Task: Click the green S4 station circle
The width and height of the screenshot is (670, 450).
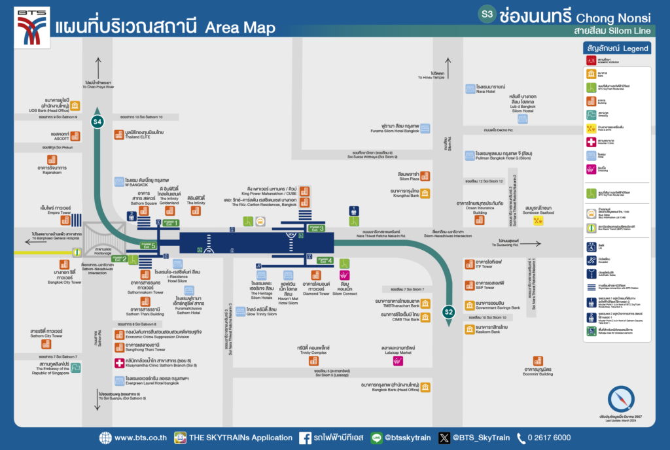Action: (97, 122)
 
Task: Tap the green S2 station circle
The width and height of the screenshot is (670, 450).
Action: (448, 312)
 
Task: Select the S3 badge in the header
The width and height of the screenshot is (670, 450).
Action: (487, 14)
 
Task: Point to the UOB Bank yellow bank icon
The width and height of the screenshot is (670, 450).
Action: (75, 105)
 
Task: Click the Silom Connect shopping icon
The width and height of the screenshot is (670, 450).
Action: (344, 275)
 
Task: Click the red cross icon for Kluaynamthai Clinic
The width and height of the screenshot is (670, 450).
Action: (119, 363)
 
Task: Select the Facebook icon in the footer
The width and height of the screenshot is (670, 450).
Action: (305, 438)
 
